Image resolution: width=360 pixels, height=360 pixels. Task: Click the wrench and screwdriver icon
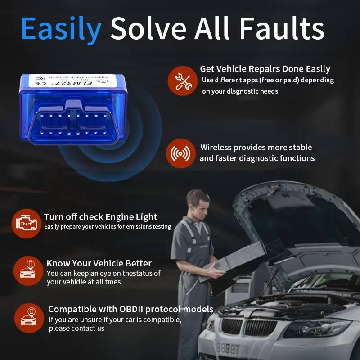[x=183, y=81]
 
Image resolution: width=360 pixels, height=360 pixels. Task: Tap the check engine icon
[x=26, y=223]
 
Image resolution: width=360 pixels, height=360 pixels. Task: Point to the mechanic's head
[x=198, y=202]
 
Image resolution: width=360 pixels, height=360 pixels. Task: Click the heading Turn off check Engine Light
[x=100, y=217]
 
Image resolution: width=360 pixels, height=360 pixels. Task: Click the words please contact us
[x=76, y=328]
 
